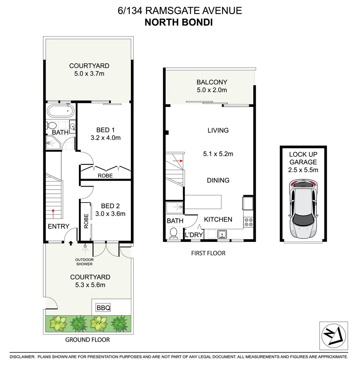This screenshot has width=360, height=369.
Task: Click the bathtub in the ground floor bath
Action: pos(61,111)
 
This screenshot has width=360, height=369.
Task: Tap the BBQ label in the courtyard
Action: pos(103,308)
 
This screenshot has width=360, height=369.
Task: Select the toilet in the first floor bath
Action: pos(173,233)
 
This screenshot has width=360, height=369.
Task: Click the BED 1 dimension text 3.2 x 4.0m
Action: pos(106,138)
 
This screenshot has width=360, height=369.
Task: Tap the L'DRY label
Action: pos(194,235)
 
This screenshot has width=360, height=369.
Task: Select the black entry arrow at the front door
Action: pos(71,243)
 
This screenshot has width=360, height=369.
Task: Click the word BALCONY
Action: pos(212,82)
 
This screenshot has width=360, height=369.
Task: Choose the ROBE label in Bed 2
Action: pos(86,221)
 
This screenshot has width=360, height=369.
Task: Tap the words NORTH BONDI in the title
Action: pos(179,23)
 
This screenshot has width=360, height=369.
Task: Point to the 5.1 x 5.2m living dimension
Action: pos(218,154)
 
